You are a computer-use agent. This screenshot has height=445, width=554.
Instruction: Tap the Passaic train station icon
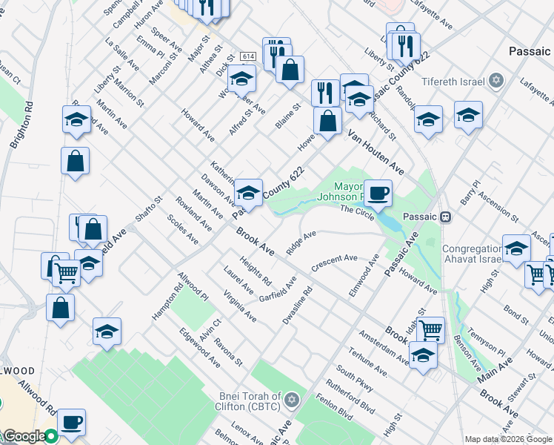pyautogui.click(x=446, y=217)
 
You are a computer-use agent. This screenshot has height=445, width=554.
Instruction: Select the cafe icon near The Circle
pyautogui.click(x=378, y=193)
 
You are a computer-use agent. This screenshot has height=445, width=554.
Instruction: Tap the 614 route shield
pyautogui.click(x=247, y=56)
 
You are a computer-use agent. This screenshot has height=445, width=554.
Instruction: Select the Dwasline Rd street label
pyautogui.click(x=298, y=306)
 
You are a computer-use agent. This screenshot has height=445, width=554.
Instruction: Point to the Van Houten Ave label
pyautogui.click(x=376, y=156)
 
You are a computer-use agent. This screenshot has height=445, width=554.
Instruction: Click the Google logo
pyautogui.click(x=24, y=436)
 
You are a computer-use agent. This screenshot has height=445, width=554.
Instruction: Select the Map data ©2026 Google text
pyautogui.click(x=508, y=439)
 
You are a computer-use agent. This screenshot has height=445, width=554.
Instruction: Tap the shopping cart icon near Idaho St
pyautogui.click(x=430, y=329)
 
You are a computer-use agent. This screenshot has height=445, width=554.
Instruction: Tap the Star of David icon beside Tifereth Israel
pyautogui.click(x=496, y=81)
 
